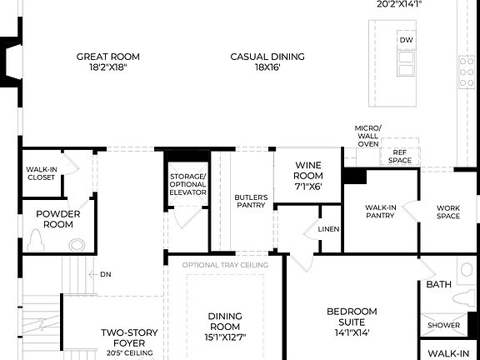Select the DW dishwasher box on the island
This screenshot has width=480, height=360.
tap(406, 40)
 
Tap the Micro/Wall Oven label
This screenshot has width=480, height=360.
tap(367, 136)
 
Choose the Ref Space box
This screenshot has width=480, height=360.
tap(400, 156)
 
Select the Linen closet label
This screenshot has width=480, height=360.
tap(328, 230)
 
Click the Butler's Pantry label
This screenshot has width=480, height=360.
tap(250, 201)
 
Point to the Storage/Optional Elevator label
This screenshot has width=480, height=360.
tap(187, 184)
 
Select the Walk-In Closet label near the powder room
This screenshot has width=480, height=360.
tap(41, 173)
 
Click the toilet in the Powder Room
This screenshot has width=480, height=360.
tap(37, 241)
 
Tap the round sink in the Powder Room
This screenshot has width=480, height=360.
tap(77, 245)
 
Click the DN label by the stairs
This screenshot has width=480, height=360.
tap(105, 274)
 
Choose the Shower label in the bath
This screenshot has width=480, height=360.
tap(444, 325)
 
